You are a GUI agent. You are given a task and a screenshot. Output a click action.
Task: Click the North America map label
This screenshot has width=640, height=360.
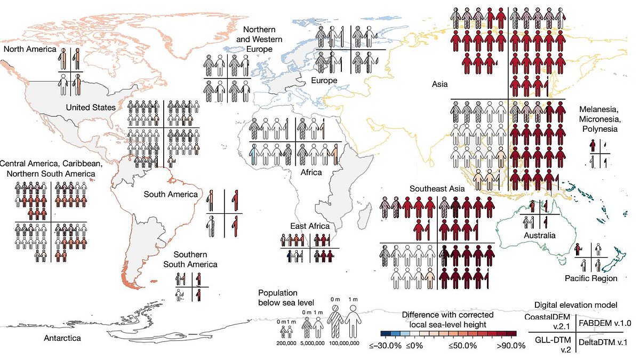(29, 49)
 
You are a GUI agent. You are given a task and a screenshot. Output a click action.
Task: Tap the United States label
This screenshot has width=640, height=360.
(91, 108)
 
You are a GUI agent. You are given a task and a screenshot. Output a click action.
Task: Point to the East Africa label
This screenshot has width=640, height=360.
(310, 226)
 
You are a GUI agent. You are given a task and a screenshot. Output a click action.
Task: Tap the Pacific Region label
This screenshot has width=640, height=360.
(591, 278)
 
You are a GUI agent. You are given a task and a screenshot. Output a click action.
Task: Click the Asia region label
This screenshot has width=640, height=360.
(439, 84)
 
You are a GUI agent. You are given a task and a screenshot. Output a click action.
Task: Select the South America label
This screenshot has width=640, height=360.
(171, 194)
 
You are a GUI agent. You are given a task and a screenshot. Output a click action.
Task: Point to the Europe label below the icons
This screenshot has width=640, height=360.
(325, 81)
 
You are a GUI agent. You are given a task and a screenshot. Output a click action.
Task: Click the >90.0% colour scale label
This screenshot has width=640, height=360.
(511, 346)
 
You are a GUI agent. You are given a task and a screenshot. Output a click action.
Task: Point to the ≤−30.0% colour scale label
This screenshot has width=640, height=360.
(386, 346)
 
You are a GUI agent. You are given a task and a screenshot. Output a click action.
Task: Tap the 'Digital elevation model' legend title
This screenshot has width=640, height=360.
(576, 305)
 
